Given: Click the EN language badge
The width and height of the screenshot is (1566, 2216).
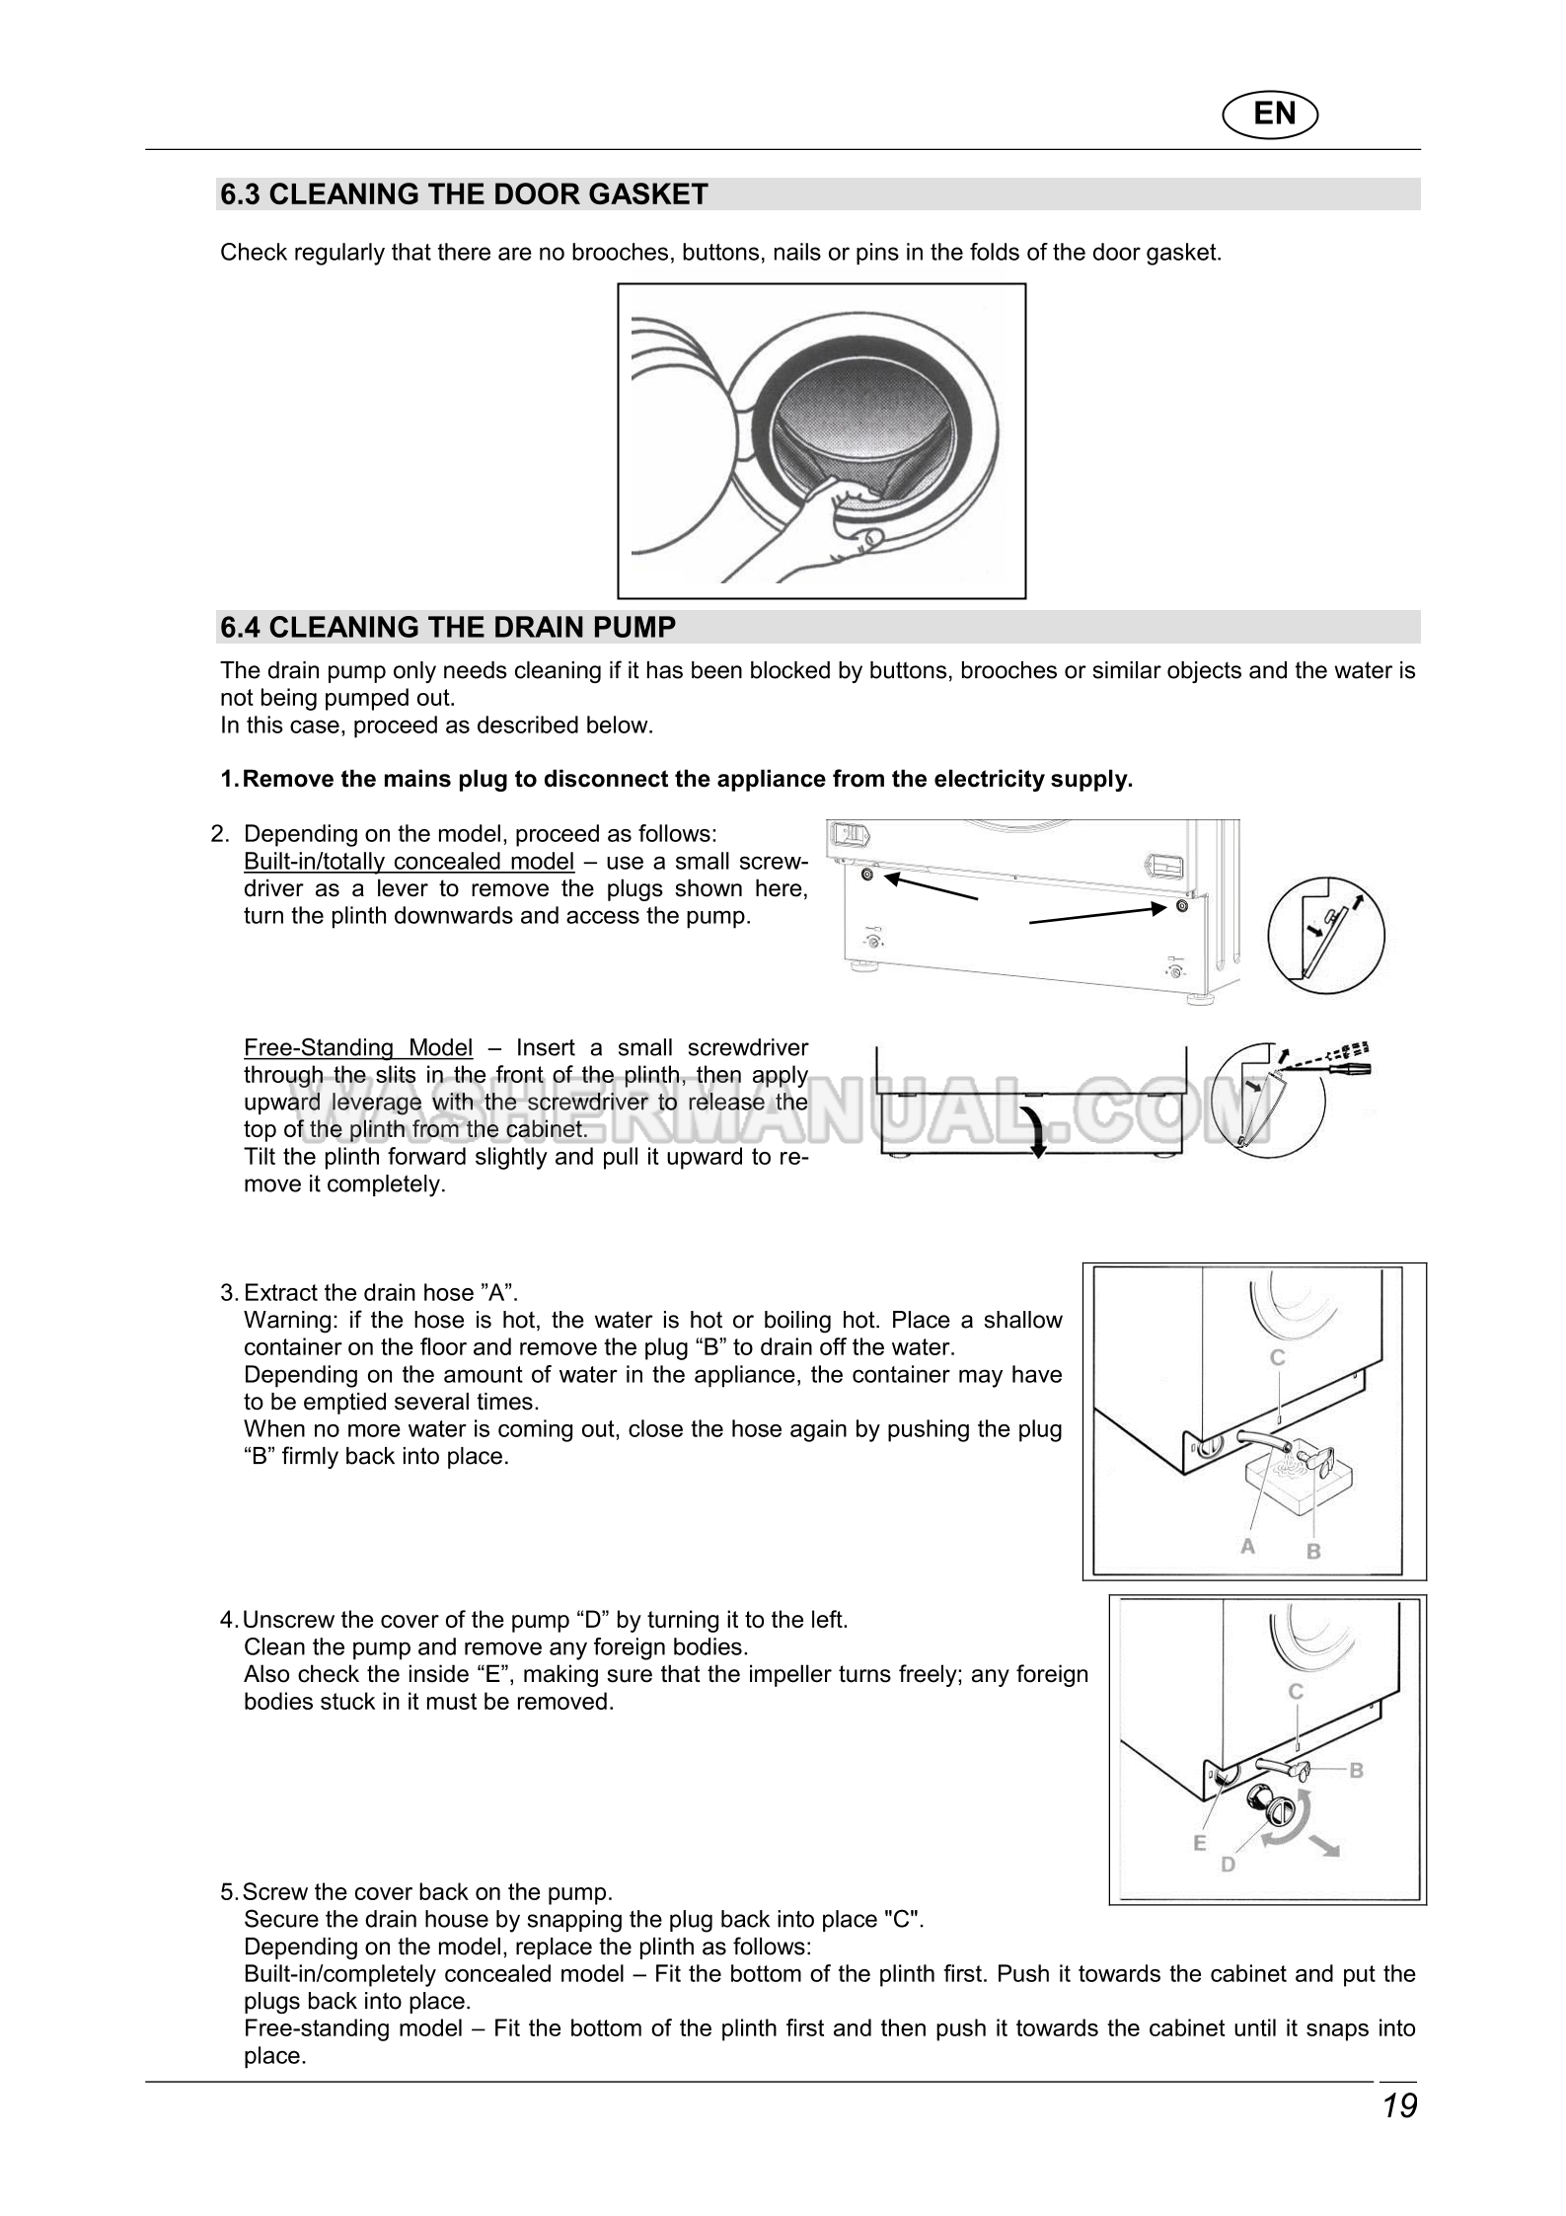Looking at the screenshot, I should [1274, 114].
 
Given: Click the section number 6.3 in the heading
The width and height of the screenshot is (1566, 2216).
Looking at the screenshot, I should [240, 194].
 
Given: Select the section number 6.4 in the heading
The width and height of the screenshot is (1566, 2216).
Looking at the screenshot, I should [240, 627].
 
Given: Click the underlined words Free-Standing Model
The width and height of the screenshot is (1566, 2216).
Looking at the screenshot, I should [358, 1047].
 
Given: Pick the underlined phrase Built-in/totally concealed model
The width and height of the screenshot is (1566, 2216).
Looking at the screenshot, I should [409, 861].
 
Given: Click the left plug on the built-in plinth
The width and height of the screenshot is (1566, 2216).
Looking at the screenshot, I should [867, 876].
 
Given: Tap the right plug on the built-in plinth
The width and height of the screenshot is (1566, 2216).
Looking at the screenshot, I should [1181, 907].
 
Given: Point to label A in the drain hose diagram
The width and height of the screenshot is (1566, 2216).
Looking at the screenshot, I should [1247, 1547].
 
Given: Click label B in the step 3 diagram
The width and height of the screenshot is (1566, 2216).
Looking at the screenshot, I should [1313, 1551].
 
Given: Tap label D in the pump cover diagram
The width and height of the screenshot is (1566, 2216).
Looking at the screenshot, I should [1229, 1865].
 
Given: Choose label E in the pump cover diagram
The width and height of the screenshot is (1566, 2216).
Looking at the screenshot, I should [1200, 1843].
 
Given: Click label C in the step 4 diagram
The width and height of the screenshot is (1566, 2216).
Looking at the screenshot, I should [1297, 1692].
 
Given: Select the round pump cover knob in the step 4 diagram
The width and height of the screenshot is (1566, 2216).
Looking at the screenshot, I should [1280, 1811].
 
